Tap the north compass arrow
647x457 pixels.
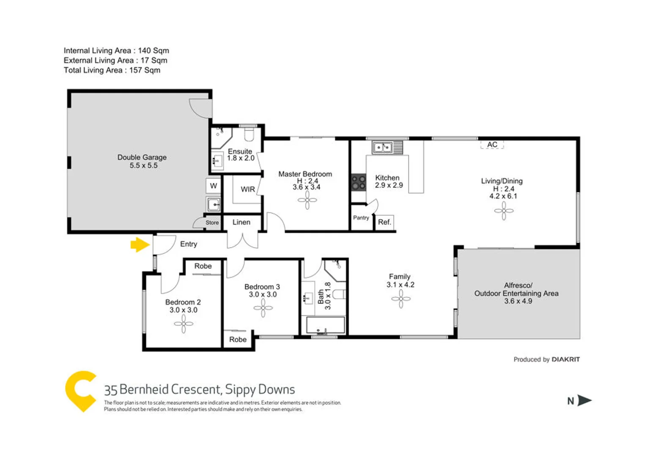coord(584,400)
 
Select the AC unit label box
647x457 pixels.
coord(492,145)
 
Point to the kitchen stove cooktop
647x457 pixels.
coord(359,182)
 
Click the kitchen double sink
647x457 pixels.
coord(383,147)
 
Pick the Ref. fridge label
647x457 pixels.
coord(384,222)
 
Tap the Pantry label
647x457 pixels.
coord(361,218)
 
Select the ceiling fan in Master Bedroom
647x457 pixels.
coord(307,200)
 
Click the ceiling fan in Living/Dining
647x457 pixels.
coord(504,211)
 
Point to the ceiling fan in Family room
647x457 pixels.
coord(401,299)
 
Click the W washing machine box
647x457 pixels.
coord(214,186)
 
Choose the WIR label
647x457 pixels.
coord(248,189)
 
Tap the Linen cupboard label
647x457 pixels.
coord(241,222)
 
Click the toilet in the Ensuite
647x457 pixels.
coord(249,135)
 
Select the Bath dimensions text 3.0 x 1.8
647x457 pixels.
coord(328,296)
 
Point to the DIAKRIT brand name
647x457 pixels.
coord(565,359)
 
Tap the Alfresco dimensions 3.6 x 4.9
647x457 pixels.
coord(518,301)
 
